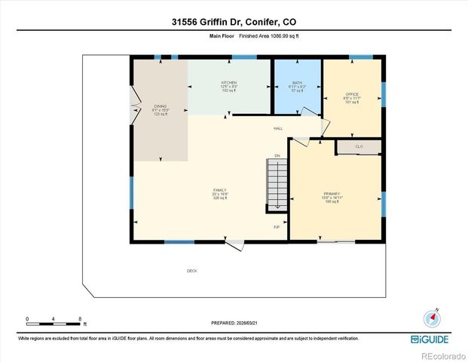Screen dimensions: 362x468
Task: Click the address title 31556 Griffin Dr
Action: (x=233, y=22)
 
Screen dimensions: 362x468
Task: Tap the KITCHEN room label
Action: (x=228, y=83)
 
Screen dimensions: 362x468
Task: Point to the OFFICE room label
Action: (x=352, y=94)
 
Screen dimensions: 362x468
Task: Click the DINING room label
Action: (x=160, y=107)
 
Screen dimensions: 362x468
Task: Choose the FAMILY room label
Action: (x=220, y=190)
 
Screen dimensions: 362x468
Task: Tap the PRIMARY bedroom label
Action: (x=333, y=195)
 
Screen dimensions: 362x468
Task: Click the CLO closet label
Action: (x=359, y=146)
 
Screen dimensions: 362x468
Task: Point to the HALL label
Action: (x=277, y=129)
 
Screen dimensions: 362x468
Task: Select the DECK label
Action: (x=192, y=271)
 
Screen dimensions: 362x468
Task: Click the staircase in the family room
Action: (x=278, y=185)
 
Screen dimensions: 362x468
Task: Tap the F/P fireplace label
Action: (x=277, y=226)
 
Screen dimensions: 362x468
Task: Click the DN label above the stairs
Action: (x=277, y=155)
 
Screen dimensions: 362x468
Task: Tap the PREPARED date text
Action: (x=234, y=324)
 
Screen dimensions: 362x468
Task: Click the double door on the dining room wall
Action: (x=136, y=107)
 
